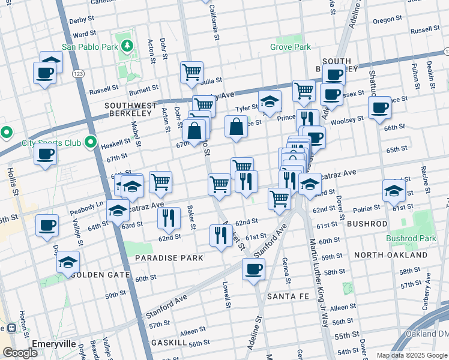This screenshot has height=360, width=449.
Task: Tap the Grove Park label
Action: (290, 46)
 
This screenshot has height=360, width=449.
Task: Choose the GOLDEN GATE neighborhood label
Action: (100, 275)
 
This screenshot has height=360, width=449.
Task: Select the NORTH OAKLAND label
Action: (390, 255)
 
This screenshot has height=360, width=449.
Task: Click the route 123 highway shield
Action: (78, 73)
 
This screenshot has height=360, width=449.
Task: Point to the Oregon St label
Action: (383, 20)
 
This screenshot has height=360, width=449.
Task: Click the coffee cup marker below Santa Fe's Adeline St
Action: (253, 269)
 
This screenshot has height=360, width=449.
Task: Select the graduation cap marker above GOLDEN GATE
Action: (68, 262)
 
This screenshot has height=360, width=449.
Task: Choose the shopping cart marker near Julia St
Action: (191, 72)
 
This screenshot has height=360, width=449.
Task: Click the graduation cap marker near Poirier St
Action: (393, 191)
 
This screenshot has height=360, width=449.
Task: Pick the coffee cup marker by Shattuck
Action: (379, 108)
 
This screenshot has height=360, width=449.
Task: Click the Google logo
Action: (20, 353)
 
